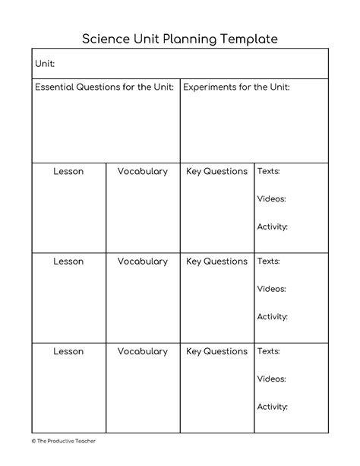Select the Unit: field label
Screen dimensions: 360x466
click(x=45, y=64)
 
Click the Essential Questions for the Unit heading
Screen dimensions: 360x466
click(x=105, y=87)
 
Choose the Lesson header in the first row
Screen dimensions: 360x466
click(x=68, y=172)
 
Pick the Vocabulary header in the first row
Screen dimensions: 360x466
click(x=142, y=172)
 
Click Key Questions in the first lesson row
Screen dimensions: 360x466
click(x=216, y=172)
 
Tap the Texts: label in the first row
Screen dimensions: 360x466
click(x=268, y=172)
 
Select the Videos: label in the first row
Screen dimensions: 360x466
click(x=271, y=199)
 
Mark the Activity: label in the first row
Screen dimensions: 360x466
click(x=272, y=227)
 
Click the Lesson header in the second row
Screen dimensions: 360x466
click(x=68, y=262)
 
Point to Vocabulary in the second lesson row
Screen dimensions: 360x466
click(x=142, y=262)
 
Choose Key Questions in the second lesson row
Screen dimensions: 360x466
click(x=216, y=262)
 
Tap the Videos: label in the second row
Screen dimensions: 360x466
click(x=271, y=289)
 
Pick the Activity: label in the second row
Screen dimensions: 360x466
click(x=272, y=316)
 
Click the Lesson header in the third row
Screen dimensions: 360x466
click(x=68, y=351)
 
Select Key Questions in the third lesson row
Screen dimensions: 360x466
click(x=216, y=351)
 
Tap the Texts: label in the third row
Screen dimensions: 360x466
click(x=268, y=351)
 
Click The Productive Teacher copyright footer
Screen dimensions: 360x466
click(x=64, y=440)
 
